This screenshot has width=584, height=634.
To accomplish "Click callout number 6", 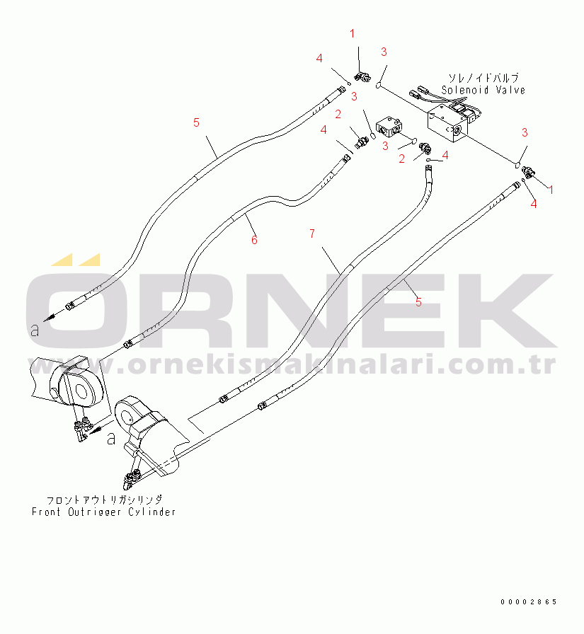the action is pyautogui.click(x=254, y=240).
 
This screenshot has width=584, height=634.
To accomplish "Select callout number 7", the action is pyautogui.click(x=311, y=234).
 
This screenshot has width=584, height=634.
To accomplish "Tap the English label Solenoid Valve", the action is pyautogui.click(x=483, y=90).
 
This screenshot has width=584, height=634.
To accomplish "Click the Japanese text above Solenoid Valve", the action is pyautogui.click(x=483, y=78).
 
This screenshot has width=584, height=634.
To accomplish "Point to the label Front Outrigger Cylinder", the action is pyautogui.click(x=103, y=512).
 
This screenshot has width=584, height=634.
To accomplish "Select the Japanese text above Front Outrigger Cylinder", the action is pyautogui.click(x=104, y=500).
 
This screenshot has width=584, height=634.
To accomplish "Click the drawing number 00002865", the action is pyautogui.click(x=529, y=602).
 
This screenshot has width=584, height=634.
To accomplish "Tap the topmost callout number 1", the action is pyautogui.click(x=353, y=33).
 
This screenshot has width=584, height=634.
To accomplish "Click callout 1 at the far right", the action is pyautogui.click(x=551, y=189).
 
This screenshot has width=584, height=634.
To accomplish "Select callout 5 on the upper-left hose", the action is pyautogui.click(x=196, y=122).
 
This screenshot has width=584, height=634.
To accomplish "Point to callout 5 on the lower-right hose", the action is pyautogui.click(x=418, y=301).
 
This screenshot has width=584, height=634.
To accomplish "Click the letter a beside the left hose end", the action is pyautogui.click(x=35, y=330).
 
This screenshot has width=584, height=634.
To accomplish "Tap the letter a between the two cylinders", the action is pyautogui.click(x=111, y=438).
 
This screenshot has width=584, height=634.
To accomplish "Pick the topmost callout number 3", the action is pyautogui.click(x=384, y=52).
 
